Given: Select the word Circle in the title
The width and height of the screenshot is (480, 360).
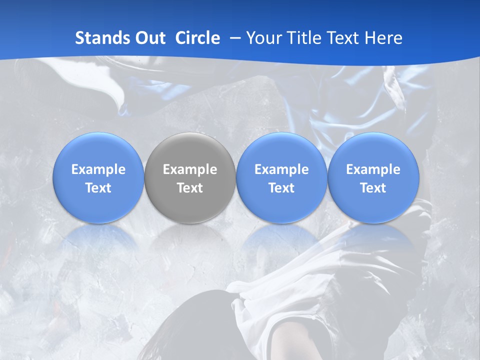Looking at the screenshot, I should coord(197,38).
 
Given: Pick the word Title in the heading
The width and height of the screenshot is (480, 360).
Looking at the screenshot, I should coord(305,38).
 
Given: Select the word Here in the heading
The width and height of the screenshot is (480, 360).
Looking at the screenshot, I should coord(384,38).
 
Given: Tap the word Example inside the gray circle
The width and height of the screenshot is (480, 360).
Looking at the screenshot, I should coord(190,169).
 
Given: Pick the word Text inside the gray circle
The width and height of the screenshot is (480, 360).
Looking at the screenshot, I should coord(190,188).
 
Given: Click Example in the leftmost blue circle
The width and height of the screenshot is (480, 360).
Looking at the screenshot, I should coord(98,169).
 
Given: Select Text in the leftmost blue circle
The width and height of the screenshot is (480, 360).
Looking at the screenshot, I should coord(98,188).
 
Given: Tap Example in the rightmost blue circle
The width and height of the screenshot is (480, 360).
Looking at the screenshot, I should coord(373,169).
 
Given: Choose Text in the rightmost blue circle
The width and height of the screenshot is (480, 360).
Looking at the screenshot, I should coord(373,188).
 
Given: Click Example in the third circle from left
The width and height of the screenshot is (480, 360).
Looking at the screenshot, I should coord(281,169).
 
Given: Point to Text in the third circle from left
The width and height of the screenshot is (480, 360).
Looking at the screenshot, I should coord(281,188).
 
